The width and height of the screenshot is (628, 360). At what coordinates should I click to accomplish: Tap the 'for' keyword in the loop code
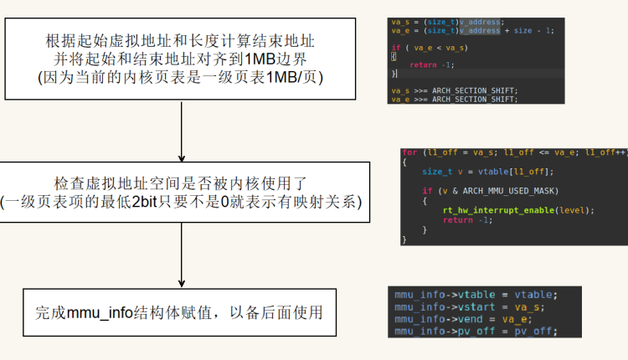click(x=409, y=152)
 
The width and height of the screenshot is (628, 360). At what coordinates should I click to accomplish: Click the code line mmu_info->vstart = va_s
click(x=467, y=306)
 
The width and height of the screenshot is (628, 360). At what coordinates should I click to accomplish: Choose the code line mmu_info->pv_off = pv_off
click(x=476, y=331)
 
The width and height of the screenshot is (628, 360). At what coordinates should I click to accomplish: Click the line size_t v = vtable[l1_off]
click(x=476, y=172)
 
